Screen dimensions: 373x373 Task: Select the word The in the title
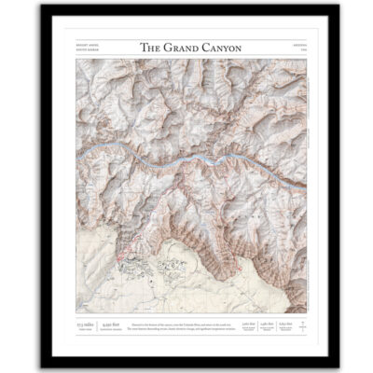pyautogui.click(x=150, y=47)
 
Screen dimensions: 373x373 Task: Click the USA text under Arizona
pyautogui.click(x=294, y=49)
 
